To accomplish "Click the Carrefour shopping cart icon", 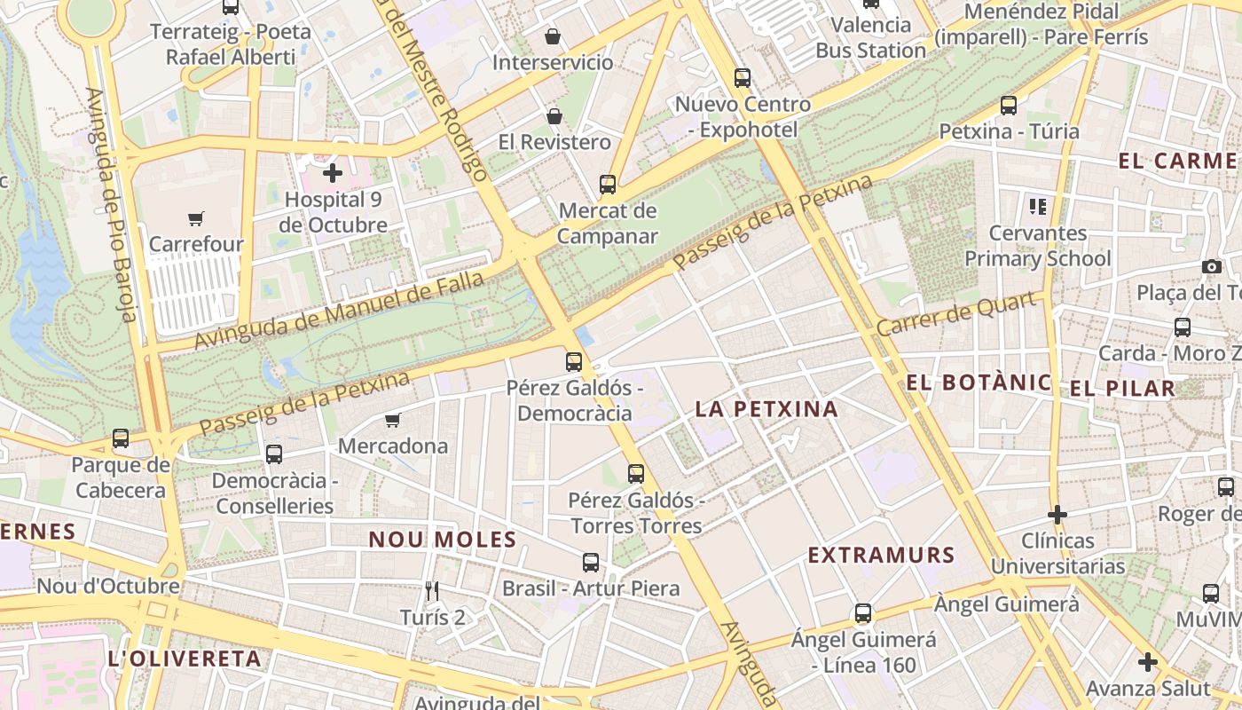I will [x=195, y=218].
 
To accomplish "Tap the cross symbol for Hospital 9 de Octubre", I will [x=333, y=173].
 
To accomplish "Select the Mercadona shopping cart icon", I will [x=393, y=420].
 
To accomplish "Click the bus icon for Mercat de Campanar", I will [x=608, y=185].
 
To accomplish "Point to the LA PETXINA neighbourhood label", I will [x=766, y=409].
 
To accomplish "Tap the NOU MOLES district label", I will [x=443, y=540].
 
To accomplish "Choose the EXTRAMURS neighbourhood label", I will [x=881, y=556].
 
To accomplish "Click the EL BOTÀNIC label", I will [x=979, y=383].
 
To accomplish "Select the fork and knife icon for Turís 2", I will [x=432, y=591].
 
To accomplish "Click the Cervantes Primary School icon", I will [x=1038, y=208].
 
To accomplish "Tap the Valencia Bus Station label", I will [x=871, y=37].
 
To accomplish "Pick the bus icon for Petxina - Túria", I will [x=1009, y=106].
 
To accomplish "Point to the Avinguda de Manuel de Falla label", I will [x=339, y=311].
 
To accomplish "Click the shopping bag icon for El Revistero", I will [x=554, y=116].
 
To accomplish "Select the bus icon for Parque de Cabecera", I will [x=121, y=438].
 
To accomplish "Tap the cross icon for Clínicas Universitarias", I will [x=1057, y=515].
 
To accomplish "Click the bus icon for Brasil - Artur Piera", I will [x=591, y=563].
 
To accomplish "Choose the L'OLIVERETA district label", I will [x=184, y=659].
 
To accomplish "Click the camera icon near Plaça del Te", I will [x=1211, y=267].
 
